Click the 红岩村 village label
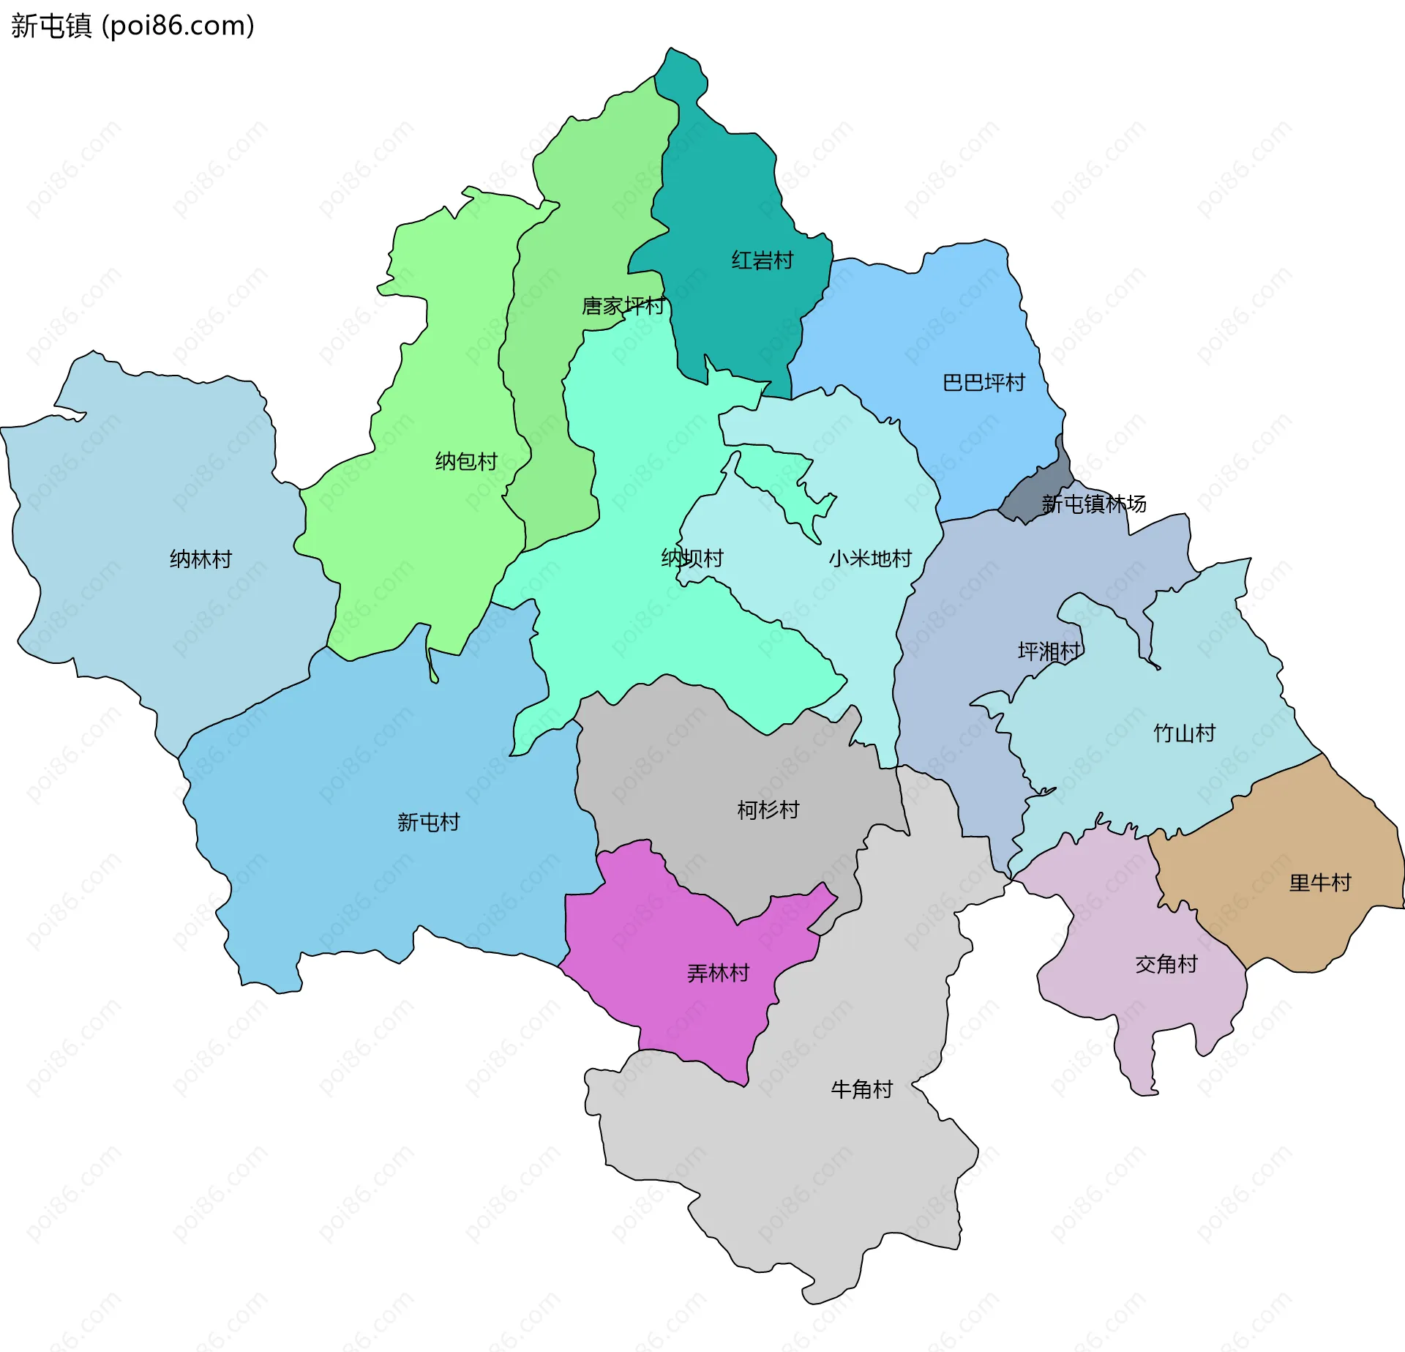(762, 261)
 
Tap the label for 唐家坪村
(623, 306)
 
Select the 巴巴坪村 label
(983, 383)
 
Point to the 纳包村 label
(466, 461)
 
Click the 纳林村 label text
(201, 559)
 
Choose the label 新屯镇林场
(1093, 504)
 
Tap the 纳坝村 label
(692, 559)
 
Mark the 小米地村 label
(870, 559)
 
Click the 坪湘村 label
(1049, 651)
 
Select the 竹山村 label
(1184, 733)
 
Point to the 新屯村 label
(428, 822)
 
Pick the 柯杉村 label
(768, 810)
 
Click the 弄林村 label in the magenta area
(718, 973)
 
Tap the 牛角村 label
(861, 1089)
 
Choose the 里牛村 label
(1319, 883)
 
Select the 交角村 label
(1166, 964)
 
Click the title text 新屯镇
(51, 26)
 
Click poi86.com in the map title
(178, 26)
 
